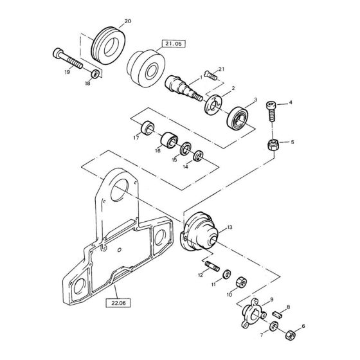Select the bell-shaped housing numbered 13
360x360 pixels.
coord(203,233)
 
